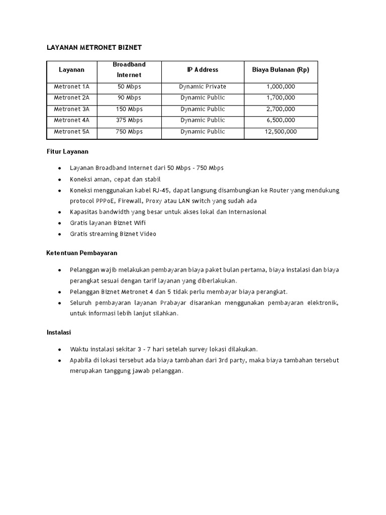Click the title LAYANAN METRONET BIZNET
point(94,47)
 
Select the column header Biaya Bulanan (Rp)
point(280,70)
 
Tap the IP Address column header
point(203,70)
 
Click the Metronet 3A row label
point(71,109)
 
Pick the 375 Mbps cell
point(129,120)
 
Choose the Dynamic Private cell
point(203,87)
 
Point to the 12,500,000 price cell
point(280,131)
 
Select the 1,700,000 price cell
point(280,98)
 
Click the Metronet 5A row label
point(71,131)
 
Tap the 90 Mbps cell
point(129,98)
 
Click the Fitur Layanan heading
point(67,151)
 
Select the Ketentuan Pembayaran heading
point(82,253)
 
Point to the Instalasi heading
point(59,332)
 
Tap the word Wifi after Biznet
point(139,223)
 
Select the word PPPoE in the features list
point(104,201)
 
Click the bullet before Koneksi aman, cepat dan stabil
point(60,180)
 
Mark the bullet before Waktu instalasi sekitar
point(60,349)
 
